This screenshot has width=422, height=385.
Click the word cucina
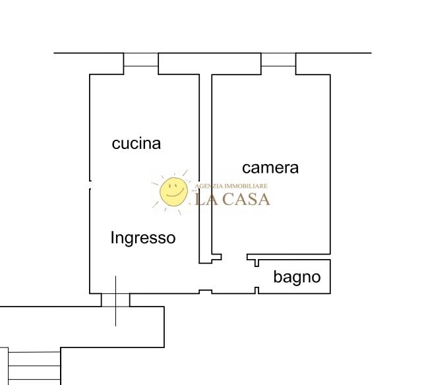136,143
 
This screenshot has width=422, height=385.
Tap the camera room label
270,167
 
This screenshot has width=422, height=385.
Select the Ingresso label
143,237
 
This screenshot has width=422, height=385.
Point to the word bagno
297,277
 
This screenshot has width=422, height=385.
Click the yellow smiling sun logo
173,192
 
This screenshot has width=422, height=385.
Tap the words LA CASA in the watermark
233,198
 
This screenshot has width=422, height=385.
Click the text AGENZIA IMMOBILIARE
231,187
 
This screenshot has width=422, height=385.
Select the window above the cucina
141,60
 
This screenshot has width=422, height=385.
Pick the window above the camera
278,60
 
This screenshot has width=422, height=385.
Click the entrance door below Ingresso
115,300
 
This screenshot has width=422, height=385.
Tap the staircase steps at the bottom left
33,366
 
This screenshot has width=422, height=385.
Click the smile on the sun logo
173,195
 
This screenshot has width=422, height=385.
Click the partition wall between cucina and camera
205,165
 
